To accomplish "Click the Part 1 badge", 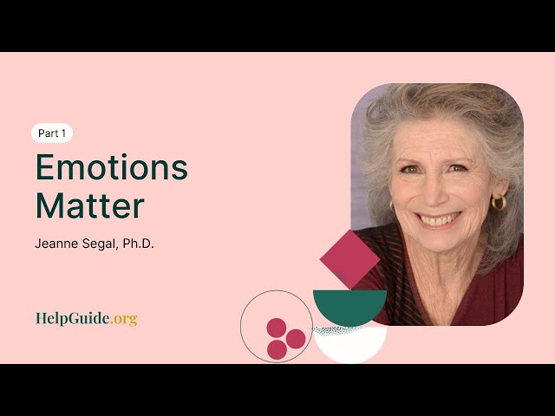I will [52, 133].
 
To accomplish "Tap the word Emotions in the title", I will [111, 167].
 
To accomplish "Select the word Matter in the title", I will [89, 206].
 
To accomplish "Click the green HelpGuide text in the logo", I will [73, 318].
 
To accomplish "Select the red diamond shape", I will [349, 258].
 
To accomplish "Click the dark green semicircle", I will [349, 305].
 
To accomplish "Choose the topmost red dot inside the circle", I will [277, 328].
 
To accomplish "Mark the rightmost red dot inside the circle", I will [296, 339].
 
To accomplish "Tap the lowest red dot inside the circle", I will [277, 349].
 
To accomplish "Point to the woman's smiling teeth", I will [438, 219].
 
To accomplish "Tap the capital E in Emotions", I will [46, 167].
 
